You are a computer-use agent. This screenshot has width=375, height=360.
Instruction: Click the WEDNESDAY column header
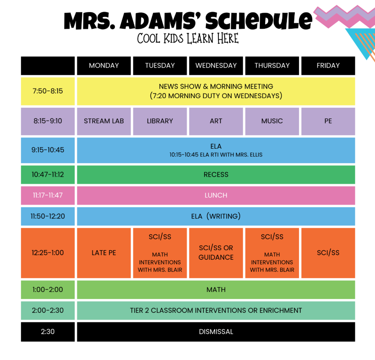pyautogui.click(x=216, y=66)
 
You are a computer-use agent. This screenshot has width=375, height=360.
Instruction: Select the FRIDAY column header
pyautogui.click(x=328, y=66)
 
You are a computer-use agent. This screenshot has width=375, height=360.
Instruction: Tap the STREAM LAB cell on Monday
pyautogui.click(x=104, y=121)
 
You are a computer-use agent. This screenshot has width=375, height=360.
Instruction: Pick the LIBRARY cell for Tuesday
pyautogui.click(x=160, y=121)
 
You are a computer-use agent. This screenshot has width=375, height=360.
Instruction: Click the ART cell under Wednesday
pyautogui.click(x=216, y=121)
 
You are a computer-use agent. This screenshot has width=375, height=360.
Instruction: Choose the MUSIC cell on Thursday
pyautogui.click(x=272, y=121)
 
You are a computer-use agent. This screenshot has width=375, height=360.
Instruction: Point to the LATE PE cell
pyautogui.click(x=104, y=253)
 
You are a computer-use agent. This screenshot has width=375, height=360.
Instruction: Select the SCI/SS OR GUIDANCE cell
pyautogui.click(x=216, y=253)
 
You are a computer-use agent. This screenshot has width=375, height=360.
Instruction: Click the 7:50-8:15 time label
pyautogui.click(x=48, y=91)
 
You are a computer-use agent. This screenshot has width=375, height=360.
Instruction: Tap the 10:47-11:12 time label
pyautogui.click(x=48, y=175)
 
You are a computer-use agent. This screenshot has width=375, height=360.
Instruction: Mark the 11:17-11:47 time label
pyautogui.click(x=48, y=195)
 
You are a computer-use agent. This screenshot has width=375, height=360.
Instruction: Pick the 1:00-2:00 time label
pyautogui.click(x=48, y=290)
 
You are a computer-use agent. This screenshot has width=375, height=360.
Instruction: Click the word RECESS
pyautogui.click(x=216, y=175)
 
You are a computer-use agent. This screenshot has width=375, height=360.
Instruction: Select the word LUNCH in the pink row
pyautogui.click(x=216, y=195)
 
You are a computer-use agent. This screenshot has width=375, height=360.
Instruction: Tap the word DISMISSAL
pyautogui.click(x=216, y=332)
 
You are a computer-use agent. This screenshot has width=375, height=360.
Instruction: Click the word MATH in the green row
pyautogui.click(x=216, y=290)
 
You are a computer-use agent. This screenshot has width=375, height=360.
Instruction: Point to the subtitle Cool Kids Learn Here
pyautogui.click(x=188, y=38)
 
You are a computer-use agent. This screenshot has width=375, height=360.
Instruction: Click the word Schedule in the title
pyautogui.click(x=259, y=21)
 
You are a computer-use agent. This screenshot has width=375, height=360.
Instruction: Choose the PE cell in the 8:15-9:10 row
pyautogui.click(x=328, y=121)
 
